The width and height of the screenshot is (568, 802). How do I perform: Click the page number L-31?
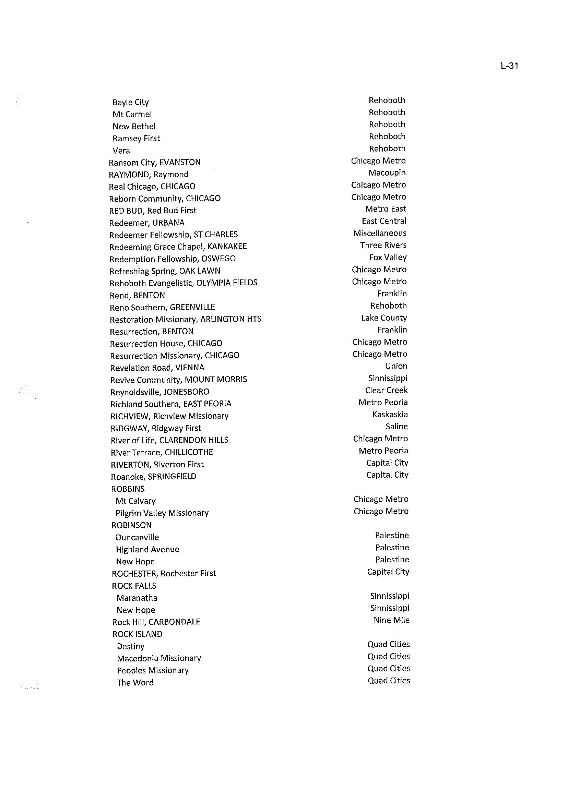pos(509,66)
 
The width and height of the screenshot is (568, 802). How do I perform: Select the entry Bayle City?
pos(130,102)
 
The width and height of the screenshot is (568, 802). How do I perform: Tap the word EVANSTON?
pos(180,162)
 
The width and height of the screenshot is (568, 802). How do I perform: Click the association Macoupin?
pos(387,173)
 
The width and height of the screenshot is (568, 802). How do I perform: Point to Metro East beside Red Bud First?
pos(386,209)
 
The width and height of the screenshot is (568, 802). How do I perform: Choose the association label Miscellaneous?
pos(379,233)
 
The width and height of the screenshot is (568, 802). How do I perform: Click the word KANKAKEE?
pos(227,247)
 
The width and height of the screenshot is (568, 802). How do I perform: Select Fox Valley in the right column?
pos(388,257)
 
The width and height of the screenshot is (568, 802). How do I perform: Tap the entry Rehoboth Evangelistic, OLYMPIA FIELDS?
pos(183,283)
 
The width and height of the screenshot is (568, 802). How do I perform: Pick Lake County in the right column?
pos(384,318)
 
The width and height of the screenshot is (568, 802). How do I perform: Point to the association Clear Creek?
pos(386,390)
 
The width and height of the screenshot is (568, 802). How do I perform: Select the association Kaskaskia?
pos(390,414)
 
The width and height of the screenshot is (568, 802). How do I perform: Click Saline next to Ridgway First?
pos(396,427)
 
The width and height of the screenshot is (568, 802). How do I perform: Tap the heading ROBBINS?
pos(128,489)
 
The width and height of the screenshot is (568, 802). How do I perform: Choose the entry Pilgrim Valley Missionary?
pos(162,513)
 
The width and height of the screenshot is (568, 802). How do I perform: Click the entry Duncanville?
pos(137,537)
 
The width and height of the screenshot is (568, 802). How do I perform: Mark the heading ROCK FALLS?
pos(134,586)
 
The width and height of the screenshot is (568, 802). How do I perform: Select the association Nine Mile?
pos(391,620)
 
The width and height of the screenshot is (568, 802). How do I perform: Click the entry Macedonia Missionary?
pos(159,658)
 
